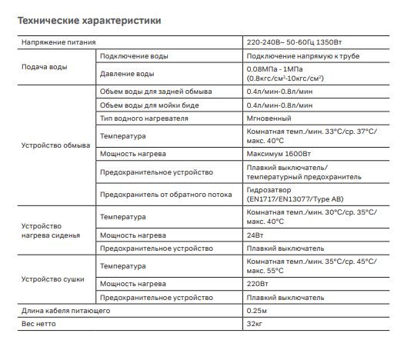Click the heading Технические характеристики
click(89, 21)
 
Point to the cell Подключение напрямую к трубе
click(303, 56)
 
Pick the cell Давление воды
click(128, 74)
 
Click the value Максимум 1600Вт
click(279, 153)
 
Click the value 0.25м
click(258, 311)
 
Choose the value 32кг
click(255, 324)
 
